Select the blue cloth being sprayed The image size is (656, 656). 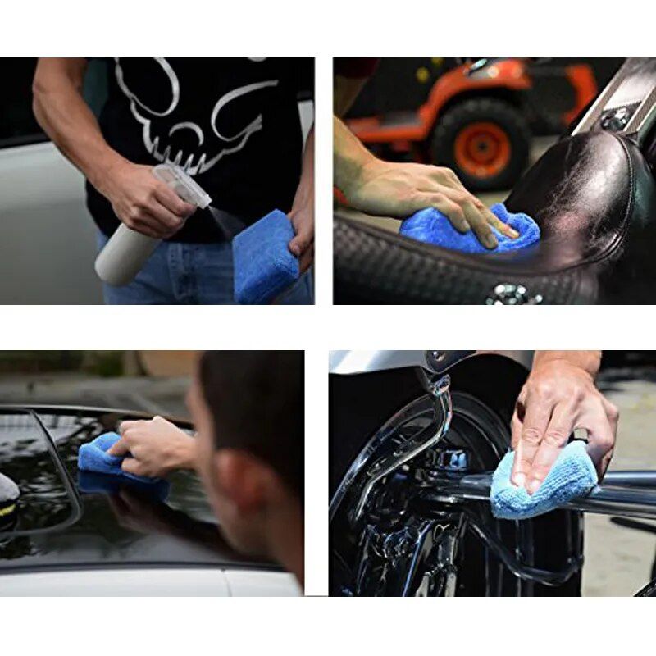[264, 257]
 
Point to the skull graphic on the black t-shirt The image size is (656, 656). [197, 115]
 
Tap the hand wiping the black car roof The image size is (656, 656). [156, 447]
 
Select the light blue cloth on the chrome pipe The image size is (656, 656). [541, 484]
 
